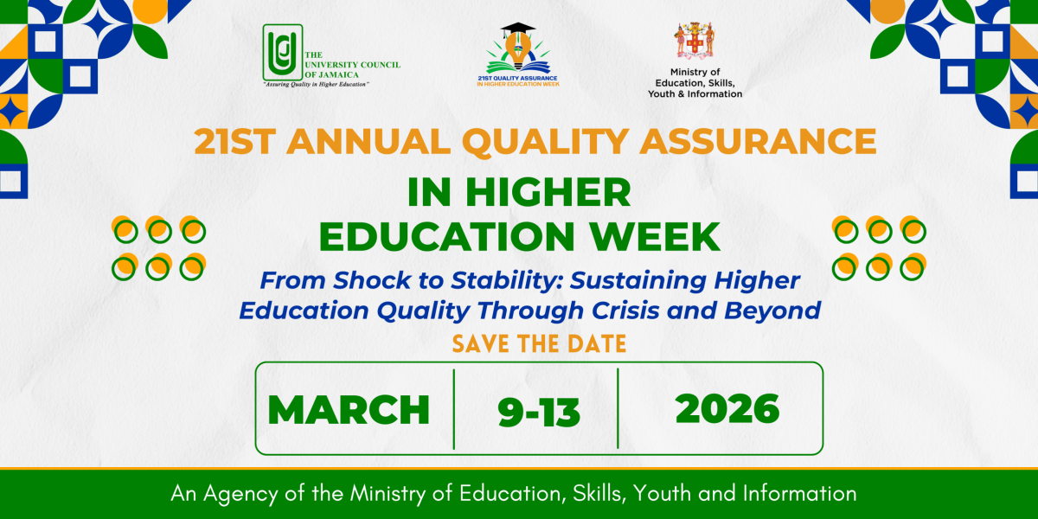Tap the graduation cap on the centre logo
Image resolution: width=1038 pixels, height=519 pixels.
point(518,32)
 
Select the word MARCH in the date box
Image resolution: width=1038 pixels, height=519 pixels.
point(349,409)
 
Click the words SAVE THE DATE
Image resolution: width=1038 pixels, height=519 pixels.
point(538,343)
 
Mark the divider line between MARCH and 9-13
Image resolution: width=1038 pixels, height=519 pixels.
point(454,409)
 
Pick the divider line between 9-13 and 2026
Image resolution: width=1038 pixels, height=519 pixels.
point(618,409)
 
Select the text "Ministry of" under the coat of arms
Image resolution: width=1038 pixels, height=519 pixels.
point(695,73)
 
